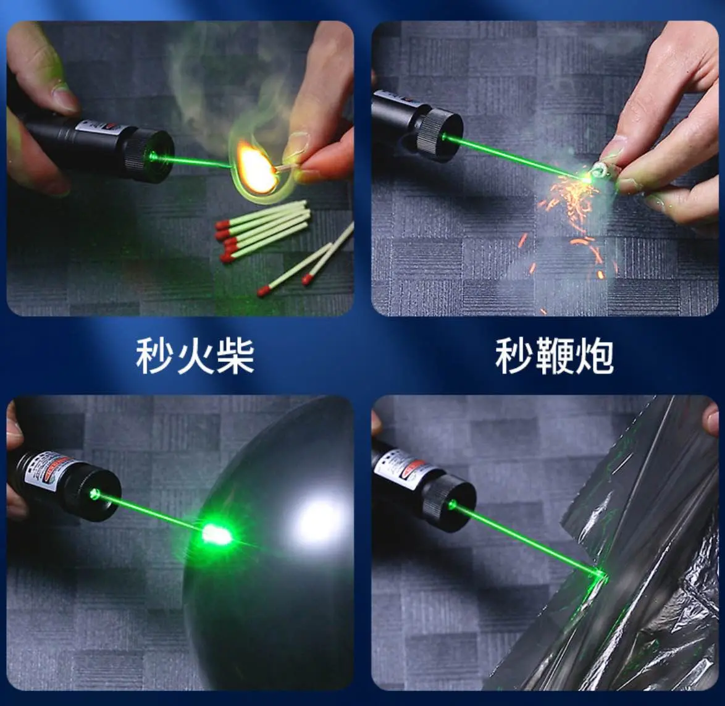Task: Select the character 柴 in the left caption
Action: (x=235, y=356)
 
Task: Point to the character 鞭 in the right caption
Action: (x=554, y=356)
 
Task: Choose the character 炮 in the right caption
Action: (x=593, y=356)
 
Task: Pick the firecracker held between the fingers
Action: (x=599, y=170)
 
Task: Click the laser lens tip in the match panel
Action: (x=154, y=156)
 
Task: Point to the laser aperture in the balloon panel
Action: (x=94, y=494)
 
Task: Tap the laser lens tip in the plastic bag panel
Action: (x=452, y=505)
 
